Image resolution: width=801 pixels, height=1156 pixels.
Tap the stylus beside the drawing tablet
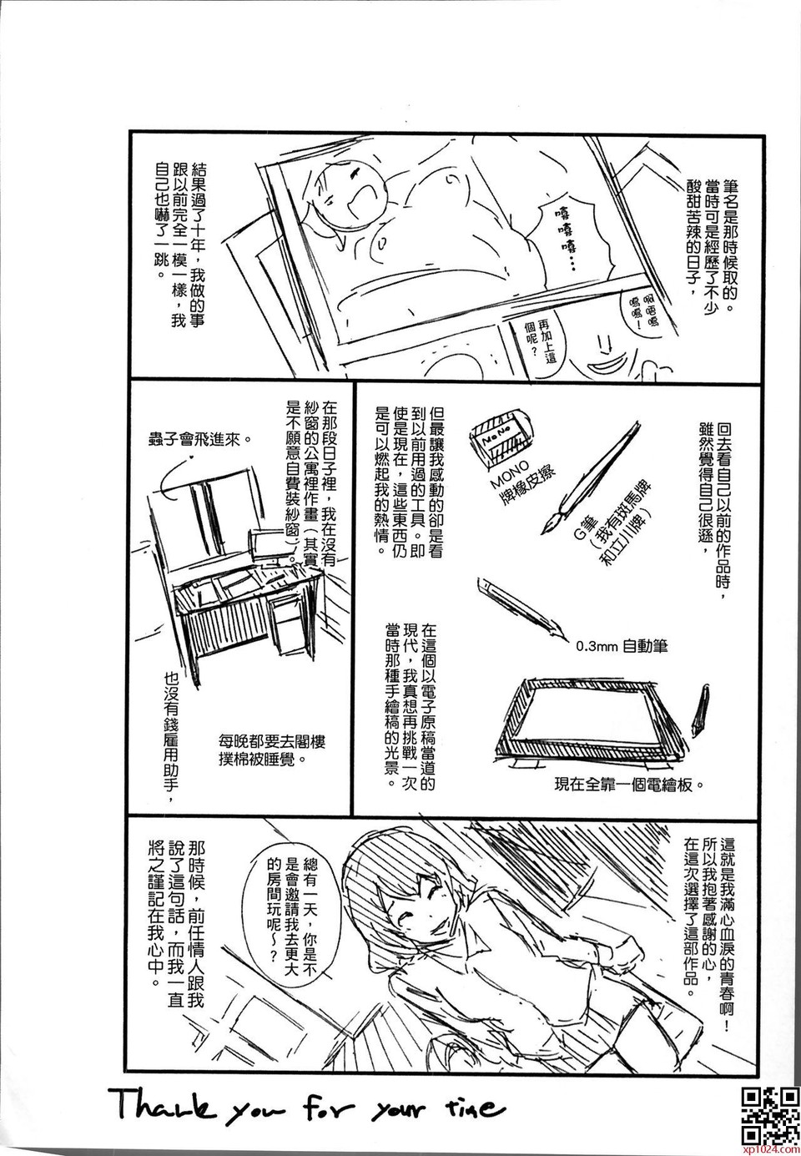(699, 706)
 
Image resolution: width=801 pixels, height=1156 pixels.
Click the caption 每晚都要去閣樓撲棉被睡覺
(272, 751)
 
